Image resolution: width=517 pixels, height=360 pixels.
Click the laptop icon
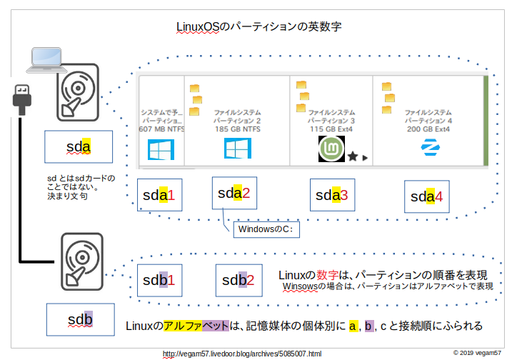click(46, 60)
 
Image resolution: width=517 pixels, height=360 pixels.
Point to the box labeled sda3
click(332, 194)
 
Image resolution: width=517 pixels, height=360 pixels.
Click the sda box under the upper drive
click(78, 147)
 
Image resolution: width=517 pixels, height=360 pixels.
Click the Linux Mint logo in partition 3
click(331, 149)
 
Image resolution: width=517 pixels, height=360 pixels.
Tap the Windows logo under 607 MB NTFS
click(160, 149)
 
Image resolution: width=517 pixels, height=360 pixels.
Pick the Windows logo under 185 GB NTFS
click(237, 149)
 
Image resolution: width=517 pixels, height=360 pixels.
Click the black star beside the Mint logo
click(352, 156)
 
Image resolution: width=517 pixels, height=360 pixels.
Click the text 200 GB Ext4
click(428, 129)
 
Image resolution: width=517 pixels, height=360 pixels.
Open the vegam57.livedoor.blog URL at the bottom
click(242, 354)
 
